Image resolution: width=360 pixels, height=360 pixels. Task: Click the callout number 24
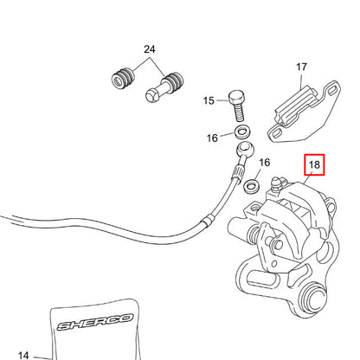point(149,50)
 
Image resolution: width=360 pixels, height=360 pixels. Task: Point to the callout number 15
point(209,100)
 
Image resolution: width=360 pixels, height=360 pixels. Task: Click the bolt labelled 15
point(236,106)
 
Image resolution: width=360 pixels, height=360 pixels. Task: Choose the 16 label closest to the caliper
point(265,162)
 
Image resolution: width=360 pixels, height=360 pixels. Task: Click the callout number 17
point(302,67)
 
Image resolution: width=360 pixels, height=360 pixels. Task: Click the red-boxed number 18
point(312,164)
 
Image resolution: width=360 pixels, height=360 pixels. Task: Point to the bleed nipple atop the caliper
point(276,183)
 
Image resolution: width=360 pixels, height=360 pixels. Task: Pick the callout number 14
point(23,354)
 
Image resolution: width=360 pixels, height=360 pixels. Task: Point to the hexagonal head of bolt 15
point(236,96)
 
